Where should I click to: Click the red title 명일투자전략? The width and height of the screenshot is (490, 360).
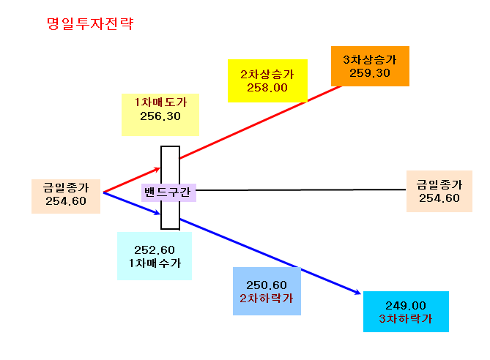coord(90,23)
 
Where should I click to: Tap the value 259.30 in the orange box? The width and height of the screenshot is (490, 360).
coord(370,73)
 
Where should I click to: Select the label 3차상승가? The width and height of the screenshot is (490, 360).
coord(370,59)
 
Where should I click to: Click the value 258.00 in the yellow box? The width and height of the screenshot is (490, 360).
coord(267,88)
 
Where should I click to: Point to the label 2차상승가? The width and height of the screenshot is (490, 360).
coord(267,75)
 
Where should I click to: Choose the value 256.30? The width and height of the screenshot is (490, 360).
coord(160,116)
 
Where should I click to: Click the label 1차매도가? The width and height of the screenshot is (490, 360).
coord(160,102)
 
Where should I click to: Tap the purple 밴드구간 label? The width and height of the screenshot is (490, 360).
coord(168,192)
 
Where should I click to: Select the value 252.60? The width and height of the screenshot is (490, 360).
coord(155,250)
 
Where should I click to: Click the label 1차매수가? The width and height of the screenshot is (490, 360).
coord(155,263)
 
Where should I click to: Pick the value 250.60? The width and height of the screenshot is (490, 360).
coord(267,285)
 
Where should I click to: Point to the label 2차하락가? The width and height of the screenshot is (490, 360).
coord(267,299)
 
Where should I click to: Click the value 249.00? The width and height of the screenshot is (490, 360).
coord(406,305)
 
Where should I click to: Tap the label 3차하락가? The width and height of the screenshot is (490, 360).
coord(406,319)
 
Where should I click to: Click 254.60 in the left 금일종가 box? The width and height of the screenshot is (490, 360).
coord(66,201)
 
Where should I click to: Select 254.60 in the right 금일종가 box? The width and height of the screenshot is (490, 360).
coord(439,198)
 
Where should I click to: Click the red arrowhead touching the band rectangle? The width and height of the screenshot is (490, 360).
coord(157,170)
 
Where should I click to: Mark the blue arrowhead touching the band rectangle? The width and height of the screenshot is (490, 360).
coord(157,213)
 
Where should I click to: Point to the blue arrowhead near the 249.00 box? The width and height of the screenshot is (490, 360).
coord(357,292)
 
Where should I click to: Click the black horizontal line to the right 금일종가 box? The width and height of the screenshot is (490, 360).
coord(301,190)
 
